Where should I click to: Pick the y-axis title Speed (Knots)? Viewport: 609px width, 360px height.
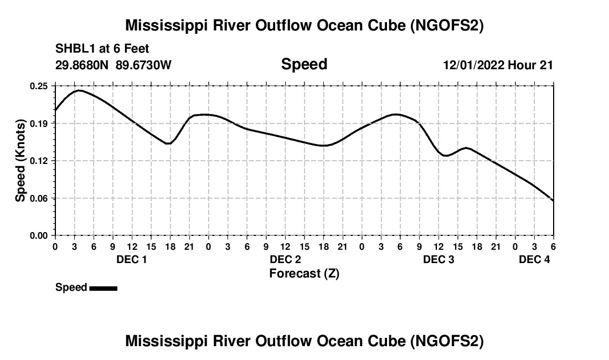pos(20,161)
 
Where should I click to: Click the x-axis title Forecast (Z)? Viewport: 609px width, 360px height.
pos(304,273)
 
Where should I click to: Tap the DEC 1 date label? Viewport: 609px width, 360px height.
pos(132,260)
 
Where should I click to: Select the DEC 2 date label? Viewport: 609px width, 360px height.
pos(285,260)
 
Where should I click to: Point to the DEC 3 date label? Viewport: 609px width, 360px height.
pos(438,260)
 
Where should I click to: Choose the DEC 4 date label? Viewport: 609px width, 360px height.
pos(534,260)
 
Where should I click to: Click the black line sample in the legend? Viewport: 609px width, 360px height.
pos(103,288)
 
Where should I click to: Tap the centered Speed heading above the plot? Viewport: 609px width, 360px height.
pos(304,64)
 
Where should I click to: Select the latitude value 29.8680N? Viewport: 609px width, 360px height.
pos(82,65)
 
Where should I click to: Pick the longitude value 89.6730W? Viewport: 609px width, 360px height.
pos(143,65)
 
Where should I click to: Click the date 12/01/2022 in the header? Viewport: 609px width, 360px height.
pos(473,65)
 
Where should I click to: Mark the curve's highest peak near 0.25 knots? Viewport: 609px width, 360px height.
pos(79,90)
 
